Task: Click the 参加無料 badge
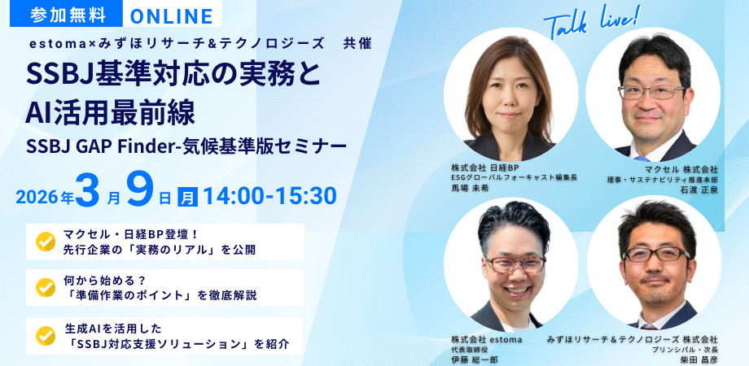pyautogui.click(x=67, y=15)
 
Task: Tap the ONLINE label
pyautogui.click(x=172, y=15)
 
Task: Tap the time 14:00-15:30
pyautogui.click(x=269, y=196)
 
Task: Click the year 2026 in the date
pyautogui.click(x=37, y=198)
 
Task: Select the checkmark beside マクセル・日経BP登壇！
pyautogui.click(x=46, y=242)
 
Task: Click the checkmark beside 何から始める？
pyautogui.click(x=46, y=287)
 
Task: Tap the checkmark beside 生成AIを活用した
pyautogui.click(x=46, y=335)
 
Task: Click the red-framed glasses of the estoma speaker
pyautogui.click(x=515, y=264)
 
